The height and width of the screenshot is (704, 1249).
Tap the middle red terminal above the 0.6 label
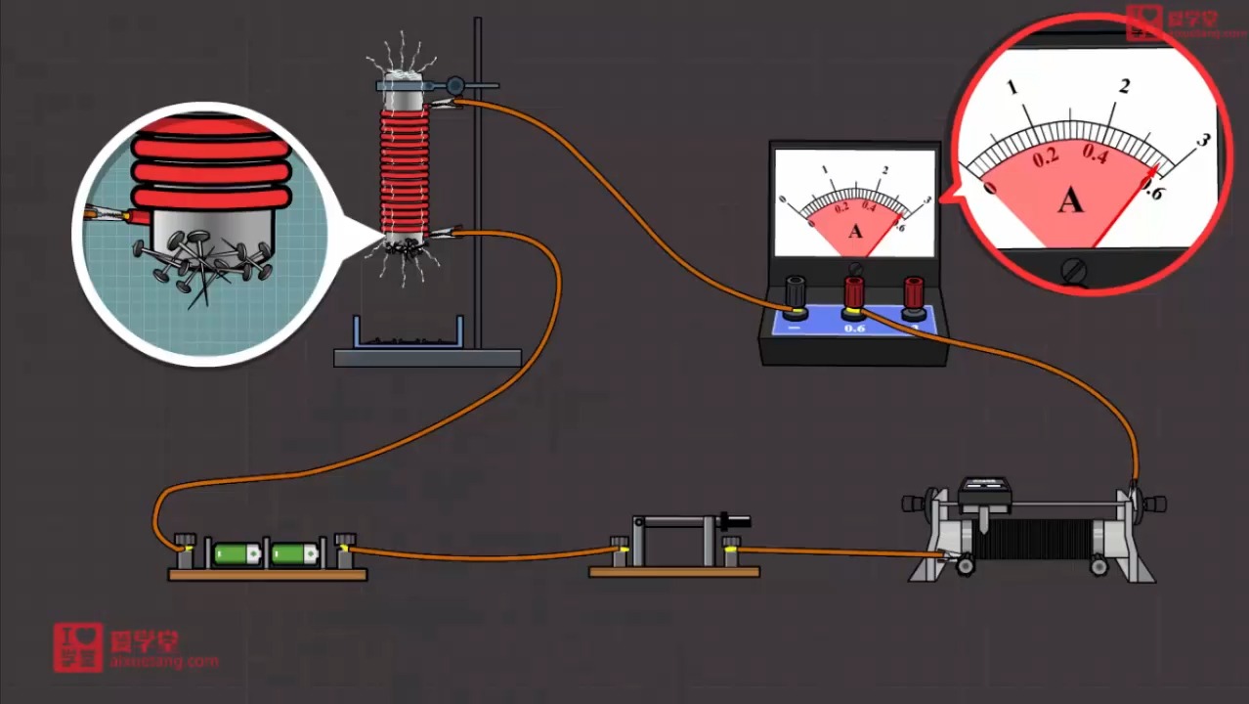pyautogui.click(x=854, y=291)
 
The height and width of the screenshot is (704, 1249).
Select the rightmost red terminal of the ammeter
pyautogui.click(x=914, y=291)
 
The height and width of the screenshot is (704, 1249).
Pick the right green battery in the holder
pyautogui.click(x=294, y=554)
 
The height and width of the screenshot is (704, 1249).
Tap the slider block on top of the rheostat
pyautogui.click(x=984, y=493)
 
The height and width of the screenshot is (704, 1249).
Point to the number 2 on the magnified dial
pyautogui.click(x=1124, y=86)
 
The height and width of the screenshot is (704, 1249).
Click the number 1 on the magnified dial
pyautogui.click(x=1012, y=88)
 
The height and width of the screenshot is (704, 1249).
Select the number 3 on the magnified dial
pyautogui.click(x=1203, y=140)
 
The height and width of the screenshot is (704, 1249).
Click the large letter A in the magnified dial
pyautogui.click(x=1070, y=200)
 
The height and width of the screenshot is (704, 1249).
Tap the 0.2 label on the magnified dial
pyautogui.click(x=1046, y=157)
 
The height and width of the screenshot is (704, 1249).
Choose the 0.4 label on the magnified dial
pyautogui.click(x=1095, y=153)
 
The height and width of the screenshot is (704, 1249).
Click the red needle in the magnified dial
pyautogui.click(x=1124, y=210)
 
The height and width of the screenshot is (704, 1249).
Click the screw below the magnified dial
pyautogui.click(x=1075, y=271)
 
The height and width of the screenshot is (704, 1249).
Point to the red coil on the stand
pyautogui.click(x=404, y=166)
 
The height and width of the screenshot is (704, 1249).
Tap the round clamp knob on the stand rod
pyautogui.click(x=455, y=86)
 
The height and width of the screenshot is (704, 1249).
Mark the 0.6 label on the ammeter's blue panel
pyautogui.click(x=854, y=329)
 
